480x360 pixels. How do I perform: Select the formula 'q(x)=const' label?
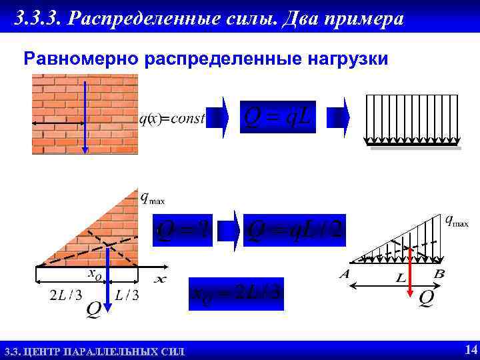point(171,119)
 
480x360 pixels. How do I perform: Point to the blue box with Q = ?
point(183,230)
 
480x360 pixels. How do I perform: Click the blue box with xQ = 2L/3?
point(236,294)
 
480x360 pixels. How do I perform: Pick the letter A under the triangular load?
point(344,274)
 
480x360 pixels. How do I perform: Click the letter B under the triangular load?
point(439,274)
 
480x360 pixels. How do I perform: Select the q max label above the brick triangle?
point(152,197)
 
